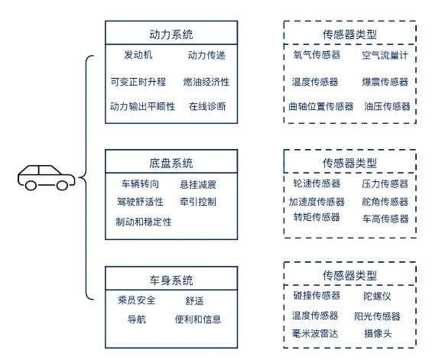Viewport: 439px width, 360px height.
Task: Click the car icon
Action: coord(46,178)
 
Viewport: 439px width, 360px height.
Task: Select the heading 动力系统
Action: coord(171,34)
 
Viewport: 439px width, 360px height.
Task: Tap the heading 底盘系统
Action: coord(171,164)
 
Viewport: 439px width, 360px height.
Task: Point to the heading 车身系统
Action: coord(171,281)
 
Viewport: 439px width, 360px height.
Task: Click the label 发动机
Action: coord(138,55)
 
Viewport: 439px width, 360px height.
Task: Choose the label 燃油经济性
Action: coord(206,82)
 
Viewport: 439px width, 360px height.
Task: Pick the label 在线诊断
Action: coord(207,106)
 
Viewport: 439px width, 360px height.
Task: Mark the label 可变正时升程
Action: coord(138,82)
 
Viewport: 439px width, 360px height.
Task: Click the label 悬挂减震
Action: coord(198,185)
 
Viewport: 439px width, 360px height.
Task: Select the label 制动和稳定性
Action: coord(144,222)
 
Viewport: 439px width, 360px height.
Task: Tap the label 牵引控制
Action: coord(198,202)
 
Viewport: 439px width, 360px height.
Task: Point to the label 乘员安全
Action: coord(137,300)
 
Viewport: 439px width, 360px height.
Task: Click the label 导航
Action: coord(137,319)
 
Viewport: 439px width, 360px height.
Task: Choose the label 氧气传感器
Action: coord(317,55)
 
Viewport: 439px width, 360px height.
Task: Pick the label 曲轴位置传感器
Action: coord(321,106)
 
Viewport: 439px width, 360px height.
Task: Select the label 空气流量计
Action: coord(385,55)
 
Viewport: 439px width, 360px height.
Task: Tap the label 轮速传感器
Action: coord(317,183)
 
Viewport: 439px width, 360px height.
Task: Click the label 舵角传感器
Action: coord(385,202)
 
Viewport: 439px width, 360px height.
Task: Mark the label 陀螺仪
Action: coord(377,297)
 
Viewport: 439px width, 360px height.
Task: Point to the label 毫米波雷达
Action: coord(315,333)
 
